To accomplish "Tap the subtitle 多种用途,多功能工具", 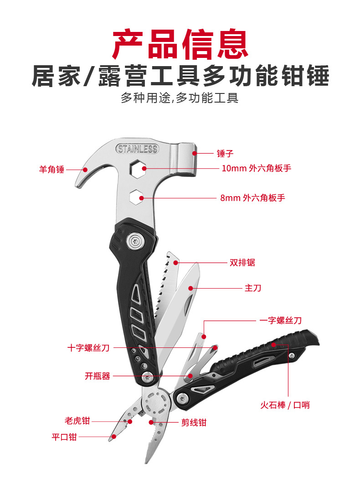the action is pyautogui.click(x=180, y=98).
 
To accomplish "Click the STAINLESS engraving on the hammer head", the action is pyautogui.click(x=137, y=149).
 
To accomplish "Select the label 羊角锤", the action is pyautogui.click(x=51, y=170).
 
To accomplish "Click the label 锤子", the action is pyautogui.click(x=225, y=154).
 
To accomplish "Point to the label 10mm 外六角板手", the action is pyautogui.click(x=256, y=168).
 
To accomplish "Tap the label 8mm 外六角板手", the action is pyautogui.click(x=252, y=198).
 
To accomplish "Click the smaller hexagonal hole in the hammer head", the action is pyautogui.click(x=136, y=197).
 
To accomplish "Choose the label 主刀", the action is pyautogui.click(x=253, y=288).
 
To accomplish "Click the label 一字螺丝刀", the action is pyautogui.click(x=280, y=321).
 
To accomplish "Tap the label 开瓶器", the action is pyautogui.click(x=98, y=376).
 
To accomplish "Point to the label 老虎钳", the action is pyautogui.click(x=77, y=421).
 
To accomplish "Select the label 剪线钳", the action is pyautogui.click(x=194, y=422).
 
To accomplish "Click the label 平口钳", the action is pyautogui.click(x=64, y=437).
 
